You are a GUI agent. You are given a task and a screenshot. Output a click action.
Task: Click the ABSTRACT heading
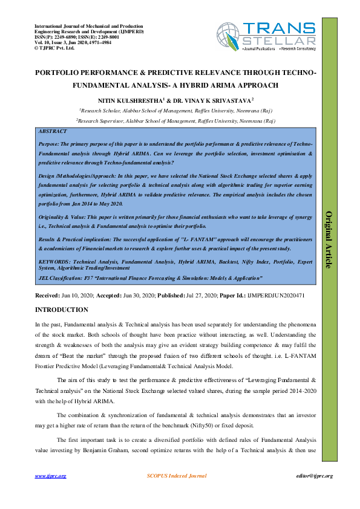[52, 131]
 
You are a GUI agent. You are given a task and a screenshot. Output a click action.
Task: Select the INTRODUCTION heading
[61, 310]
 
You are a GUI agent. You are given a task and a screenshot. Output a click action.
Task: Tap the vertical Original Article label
[330, 239]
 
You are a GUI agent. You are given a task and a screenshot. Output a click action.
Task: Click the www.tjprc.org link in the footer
[51, 476]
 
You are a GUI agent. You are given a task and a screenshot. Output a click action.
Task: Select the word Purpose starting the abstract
[49, 146]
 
